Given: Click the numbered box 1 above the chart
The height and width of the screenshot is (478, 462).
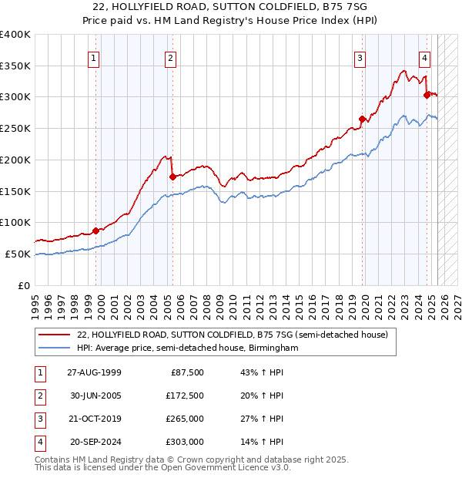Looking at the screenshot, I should tap(93, 57).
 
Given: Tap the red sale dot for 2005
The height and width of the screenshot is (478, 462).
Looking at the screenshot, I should tap(172, 177).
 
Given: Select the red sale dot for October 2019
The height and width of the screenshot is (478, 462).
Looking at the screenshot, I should tap(361, 119).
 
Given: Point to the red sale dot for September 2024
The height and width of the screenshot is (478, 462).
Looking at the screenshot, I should tap(426, 95).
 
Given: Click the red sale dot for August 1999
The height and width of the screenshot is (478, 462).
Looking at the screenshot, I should tap(96, 230).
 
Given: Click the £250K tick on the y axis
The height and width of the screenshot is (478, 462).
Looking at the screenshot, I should tap(15, 128).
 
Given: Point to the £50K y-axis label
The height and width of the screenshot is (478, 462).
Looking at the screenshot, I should tap(18, 254).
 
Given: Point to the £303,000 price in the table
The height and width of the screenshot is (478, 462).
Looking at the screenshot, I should tap(185, 443).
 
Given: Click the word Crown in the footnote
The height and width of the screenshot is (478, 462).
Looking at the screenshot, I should tap(213, 459).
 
